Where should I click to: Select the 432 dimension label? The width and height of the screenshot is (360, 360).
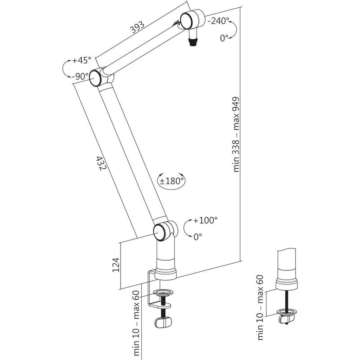tap(101, 163)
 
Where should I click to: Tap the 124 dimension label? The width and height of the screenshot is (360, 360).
tap(115, 265)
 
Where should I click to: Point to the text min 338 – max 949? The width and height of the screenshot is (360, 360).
tap(237, 135)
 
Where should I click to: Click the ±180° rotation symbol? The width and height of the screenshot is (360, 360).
tap(171, 181)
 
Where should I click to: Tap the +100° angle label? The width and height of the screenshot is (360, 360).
tap(205, 220)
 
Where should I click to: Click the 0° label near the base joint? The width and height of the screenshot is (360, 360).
tap(198, 235)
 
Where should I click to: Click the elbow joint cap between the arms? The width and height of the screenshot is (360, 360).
tap(96, 78)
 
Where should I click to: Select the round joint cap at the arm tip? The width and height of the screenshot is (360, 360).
tap(186, 20)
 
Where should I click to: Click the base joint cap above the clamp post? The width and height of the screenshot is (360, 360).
tap(160, 231)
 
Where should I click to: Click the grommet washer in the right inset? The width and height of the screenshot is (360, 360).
tap(286, 311)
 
